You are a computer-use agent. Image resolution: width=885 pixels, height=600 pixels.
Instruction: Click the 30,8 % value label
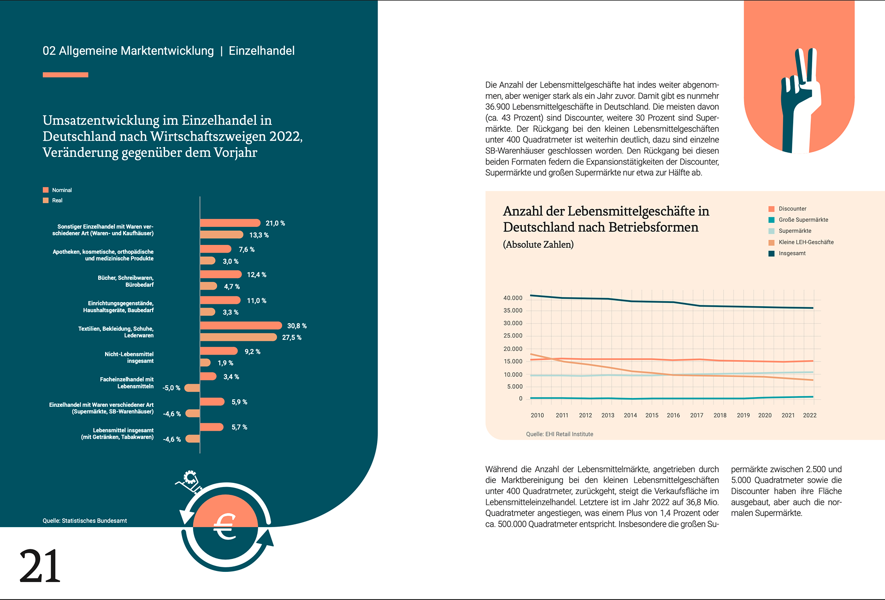pyautogui.click(x=297, y=326)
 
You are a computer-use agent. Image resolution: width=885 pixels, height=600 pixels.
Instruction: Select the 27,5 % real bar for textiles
pyautogui.click(x=238, y=338)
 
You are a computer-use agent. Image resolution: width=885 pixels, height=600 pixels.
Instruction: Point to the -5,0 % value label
pyautogui.click(x=171, y=388)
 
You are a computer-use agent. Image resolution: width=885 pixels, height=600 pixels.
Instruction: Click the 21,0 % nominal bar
pyautogui.click(x=230, y=223)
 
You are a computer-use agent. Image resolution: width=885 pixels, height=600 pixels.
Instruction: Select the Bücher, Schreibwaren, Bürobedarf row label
pyautogui.click(x=125, y=281)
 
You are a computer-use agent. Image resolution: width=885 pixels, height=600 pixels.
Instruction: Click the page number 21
pyautogui.click(x=40, y=566)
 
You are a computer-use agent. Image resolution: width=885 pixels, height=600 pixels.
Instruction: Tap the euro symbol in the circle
pyautogui.click(x=225, y=527)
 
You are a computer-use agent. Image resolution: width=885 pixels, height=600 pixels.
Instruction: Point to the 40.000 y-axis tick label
pyautogui.click(x=513, y=298)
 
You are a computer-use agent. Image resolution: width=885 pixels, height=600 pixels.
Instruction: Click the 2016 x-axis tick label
pyautogui.click(x=673, y=416)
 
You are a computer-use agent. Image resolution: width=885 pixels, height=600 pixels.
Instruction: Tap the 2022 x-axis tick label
pyautogui.click(x=809, y=416)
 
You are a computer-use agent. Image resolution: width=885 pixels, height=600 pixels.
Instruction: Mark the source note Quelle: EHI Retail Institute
pyautogui.click(x=559, y=434)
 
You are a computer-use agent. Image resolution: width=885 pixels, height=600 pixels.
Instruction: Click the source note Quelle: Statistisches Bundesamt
pyautogui.click(x=85, y=521)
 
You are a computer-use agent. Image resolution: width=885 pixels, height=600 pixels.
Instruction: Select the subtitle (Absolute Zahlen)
pyautogui.click(x=538, y=244)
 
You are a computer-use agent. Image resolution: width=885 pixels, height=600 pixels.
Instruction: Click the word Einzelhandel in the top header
pyautogui.click(x=261, y=51)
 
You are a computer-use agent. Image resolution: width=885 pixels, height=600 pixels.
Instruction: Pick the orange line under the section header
pyautogui.click(x=65, y=75)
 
